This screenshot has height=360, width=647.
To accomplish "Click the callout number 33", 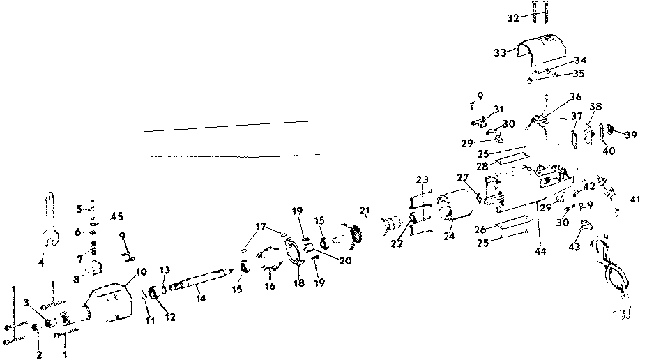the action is pyautogui.click(x=500, y=53).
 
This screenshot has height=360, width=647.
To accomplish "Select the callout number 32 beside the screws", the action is pyautogui.click(x=513, y=18).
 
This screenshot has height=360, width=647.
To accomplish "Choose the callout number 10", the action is pyautogui.click(x=141, y=271).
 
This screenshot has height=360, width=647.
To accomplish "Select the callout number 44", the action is pyautogui.click(x=540, y=250).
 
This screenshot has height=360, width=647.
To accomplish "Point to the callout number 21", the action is pyautogui.click(x=364, y=211).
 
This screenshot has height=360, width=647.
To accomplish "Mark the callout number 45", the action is pyautogui.click(x=116, y=216).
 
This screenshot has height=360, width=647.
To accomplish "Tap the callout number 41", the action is pyautogui.click(x=635, y=200).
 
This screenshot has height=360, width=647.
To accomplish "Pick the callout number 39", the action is pyautogui.click(x=630, y=135).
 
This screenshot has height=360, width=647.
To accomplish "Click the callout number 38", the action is pyautogui.click(x=595, y=106).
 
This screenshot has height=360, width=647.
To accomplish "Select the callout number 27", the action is pyautogui.click(x=463, y=177).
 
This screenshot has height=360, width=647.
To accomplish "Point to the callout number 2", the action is pyautogui.click(x=39, y=354).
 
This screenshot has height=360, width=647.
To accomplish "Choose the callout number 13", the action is pyautogui.click(x=165, y=271).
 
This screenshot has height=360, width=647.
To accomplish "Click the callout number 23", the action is pyautogui.click(x=422, y=179).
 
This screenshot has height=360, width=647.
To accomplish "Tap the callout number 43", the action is pyautogui.click(x=574, y=247).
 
